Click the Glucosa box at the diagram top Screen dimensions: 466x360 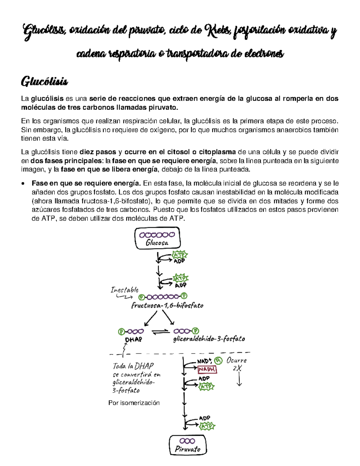pyautogui.click(x=157, y=238)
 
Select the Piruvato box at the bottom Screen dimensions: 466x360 pyautogui.click(x=188, y=445)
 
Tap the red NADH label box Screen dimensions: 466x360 pyautogui.click(x=207, y=369)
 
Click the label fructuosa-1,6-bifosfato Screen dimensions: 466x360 pyautogui.click(x=167, y=306)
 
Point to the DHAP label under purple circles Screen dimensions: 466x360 pyautogui.click(x=133, y=340)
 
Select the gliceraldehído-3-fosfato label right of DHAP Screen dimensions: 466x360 pyautogui.click(x=209, y=339)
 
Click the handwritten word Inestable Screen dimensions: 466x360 pyautogui.click(x=124, y=290)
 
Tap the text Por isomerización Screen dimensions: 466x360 pyautogui.click(x=134, y=403)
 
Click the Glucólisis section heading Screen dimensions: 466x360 pyautogui.click(x=44, y=82)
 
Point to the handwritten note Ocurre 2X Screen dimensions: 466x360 pyautogui.click(x=236, y=364)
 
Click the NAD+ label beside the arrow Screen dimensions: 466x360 pyautogui.click(x=205, y=361)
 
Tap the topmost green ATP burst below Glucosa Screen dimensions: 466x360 pyautogui.click(x=179, y=255)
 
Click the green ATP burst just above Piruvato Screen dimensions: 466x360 pyautogui.click(x=207, y=426)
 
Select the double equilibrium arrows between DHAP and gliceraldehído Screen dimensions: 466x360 pyautogui.click(x=161, y=332)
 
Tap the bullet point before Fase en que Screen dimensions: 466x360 pyautogui.click(x=23, y=184)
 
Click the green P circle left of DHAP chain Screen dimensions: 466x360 pyautogui.click(x=121, y=332)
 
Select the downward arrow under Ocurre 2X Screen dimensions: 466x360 pyautogui.click(x=239, y=380)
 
